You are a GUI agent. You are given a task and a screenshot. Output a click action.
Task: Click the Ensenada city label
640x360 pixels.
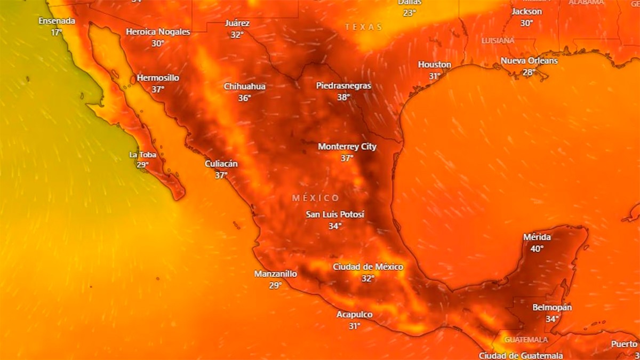(57, 21)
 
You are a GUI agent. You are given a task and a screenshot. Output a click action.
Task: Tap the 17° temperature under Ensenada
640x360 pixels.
(57, 33)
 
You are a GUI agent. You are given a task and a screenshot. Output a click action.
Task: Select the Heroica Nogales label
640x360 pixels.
(158, 32)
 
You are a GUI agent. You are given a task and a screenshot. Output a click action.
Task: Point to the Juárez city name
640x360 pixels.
(237, 23)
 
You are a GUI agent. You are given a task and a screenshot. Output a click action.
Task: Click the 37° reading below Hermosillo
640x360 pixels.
(158, 90)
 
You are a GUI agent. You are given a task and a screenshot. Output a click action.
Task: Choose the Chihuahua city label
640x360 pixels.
(245, 86)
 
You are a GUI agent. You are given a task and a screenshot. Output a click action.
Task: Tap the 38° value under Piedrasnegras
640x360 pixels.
(343, 97)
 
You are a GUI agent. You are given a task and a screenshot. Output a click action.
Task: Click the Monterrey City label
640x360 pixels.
(347, 147)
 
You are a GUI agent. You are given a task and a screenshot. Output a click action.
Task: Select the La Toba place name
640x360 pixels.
(143, 155)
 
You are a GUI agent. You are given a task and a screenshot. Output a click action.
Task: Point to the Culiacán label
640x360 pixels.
(221, 164)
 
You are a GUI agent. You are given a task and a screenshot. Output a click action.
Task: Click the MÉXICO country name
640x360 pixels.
(316, 198)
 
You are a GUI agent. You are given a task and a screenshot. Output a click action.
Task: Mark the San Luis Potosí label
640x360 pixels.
(335, 214)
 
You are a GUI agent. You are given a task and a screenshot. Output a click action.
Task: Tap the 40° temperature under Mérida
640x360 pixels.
(537, 249)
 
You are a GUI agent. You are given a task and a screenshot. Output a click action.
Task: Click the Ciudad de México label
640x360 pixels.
(368, 267)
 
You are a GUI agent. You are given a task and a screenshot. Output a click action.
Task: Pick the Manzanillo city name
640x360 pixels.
(275, 274)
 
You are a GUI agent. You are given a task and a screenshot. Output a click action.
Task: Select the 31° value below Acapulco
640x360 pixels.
(355, 326)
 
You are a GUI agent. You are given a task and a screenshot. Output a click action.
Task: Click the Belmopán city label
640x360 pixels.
(552, 308)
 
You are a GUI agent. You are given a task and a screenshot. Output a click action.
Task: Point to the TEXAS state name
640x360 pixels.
(364, 27)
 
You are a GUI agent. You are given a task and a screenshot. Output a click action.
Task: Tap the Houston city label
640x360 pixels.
(435, 65)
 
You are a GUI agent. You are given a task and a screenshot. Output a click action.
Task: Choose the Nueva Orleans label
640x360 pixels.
(529, 61)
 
